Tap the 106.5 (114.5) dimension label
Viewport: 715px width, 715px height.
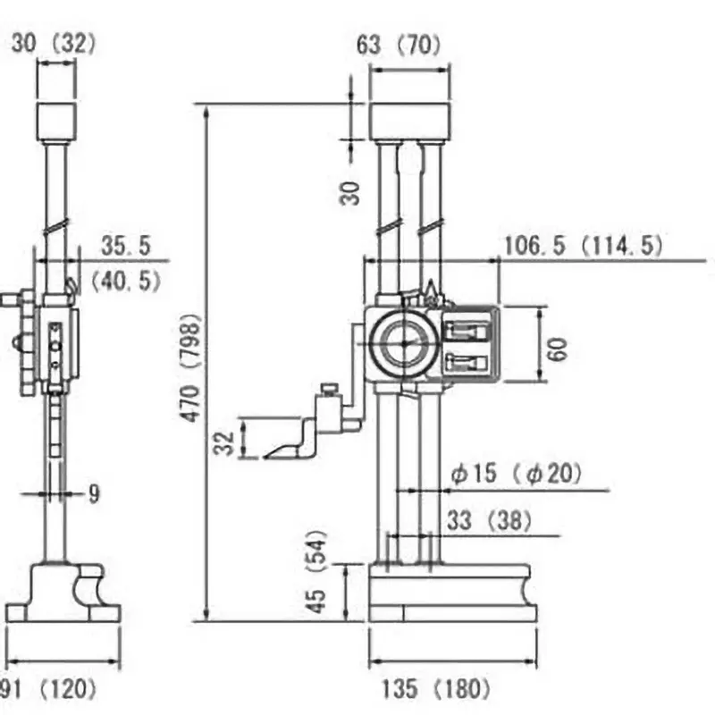pyautogui.click(x=584, y=245)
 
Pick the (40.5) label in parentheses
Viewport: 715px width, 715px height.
pyautogui.click(x=126, y=282)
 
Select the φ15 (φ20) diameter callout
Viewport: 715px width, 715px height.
pyautogui.click(x=515, y=475)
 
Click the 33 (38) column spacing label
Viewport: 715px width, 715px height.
pyautogui.click(x=489, y=520)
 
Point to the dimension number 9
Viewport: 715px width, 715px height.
pyautogui.click(x=95, y=493)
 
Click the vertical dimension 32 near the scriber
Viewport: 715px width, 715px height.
pyautogui.click(x=227, y=441)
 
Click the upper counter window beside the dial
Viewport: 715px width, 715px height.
pyautogui.click(x=467, y=330)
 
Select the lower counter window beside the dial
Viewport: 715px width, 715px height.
pyautogui.click(x=467, y=362)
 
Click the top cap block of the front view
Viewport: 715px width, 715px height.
pyautogui.click(x=409, y=121)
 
